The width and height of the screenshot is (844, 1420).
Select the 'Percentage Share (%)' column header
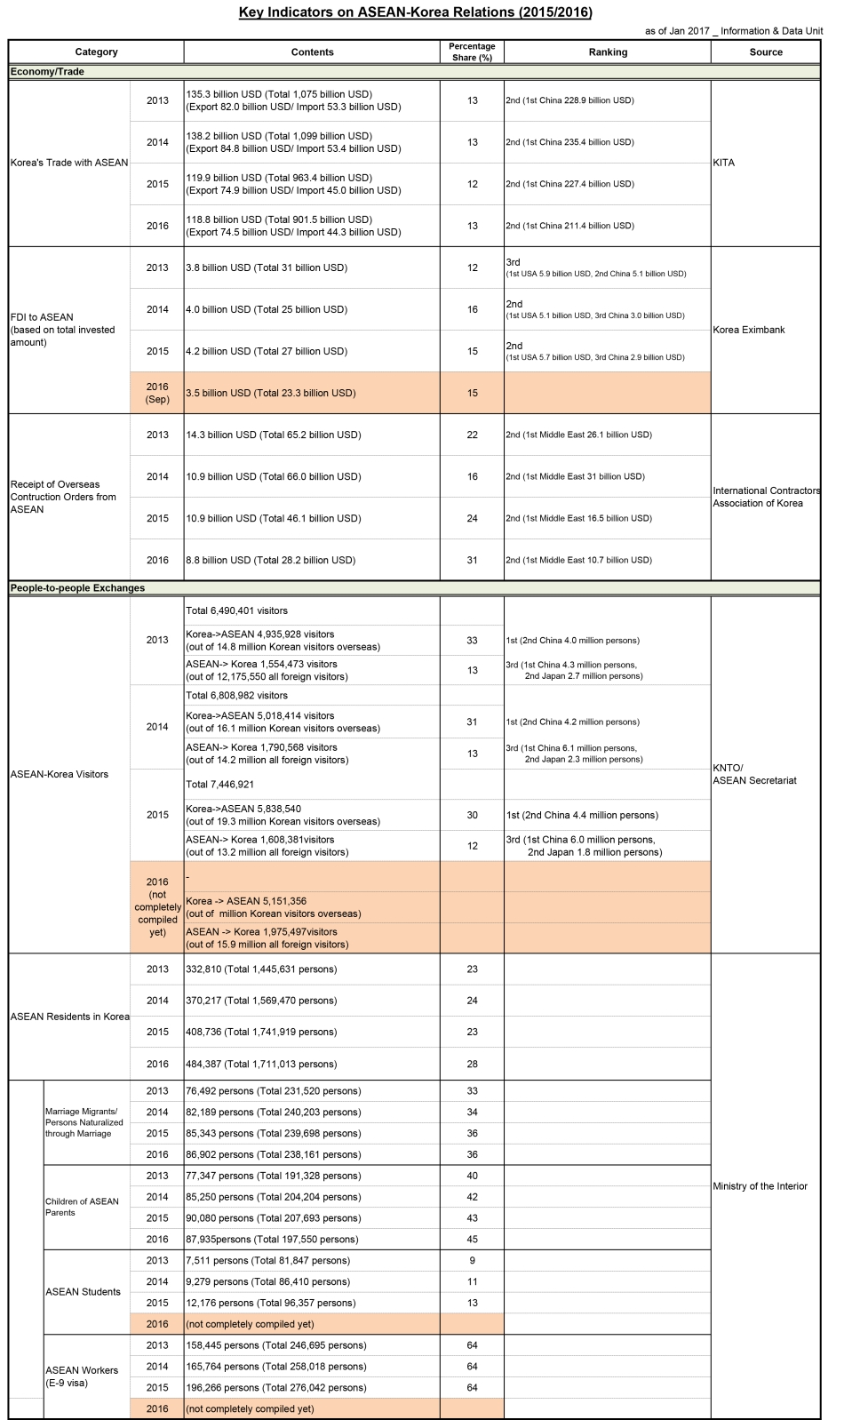tap(472, 52)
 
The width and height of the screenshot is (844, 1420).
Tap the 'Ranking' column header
tap(608, 52)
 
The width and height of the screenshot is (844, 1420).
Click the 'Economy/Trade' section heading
tap(47, 72)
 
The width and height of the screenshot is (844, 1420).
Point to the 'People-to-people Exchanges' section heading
tap(77, 588)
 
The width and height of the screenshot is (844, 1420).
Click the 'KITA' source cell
tap(724, 164)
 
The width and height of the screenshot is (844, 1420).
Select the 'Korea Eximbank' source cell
tap(749, 330)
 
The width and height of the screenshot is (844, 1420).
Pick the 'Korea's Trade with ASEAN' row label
tap(69, 164)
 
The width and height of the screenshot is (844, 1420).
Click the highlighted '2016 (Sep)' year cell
tap(157, 393)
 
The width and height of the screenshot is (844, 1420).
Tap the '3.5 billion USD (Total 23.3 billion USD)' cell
tap(271, 393)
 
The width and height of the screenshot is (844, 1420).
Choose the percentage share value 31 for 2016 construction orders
tap(472, 561)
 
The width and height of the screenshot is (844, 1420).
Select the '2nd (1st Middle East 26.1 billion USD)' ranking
tap(578, 435)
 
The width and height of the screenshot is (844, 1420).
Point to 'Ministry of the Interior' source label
tap(760, 1186)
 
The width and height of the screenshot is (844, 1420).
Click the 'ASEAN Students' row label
tap(83, 1292)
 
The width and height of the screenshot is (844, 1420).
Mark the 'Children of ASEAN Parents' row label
tap(82, 1207)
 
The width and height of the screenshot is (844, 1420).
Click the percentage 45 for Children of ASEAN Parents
tap(472, 1240)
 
